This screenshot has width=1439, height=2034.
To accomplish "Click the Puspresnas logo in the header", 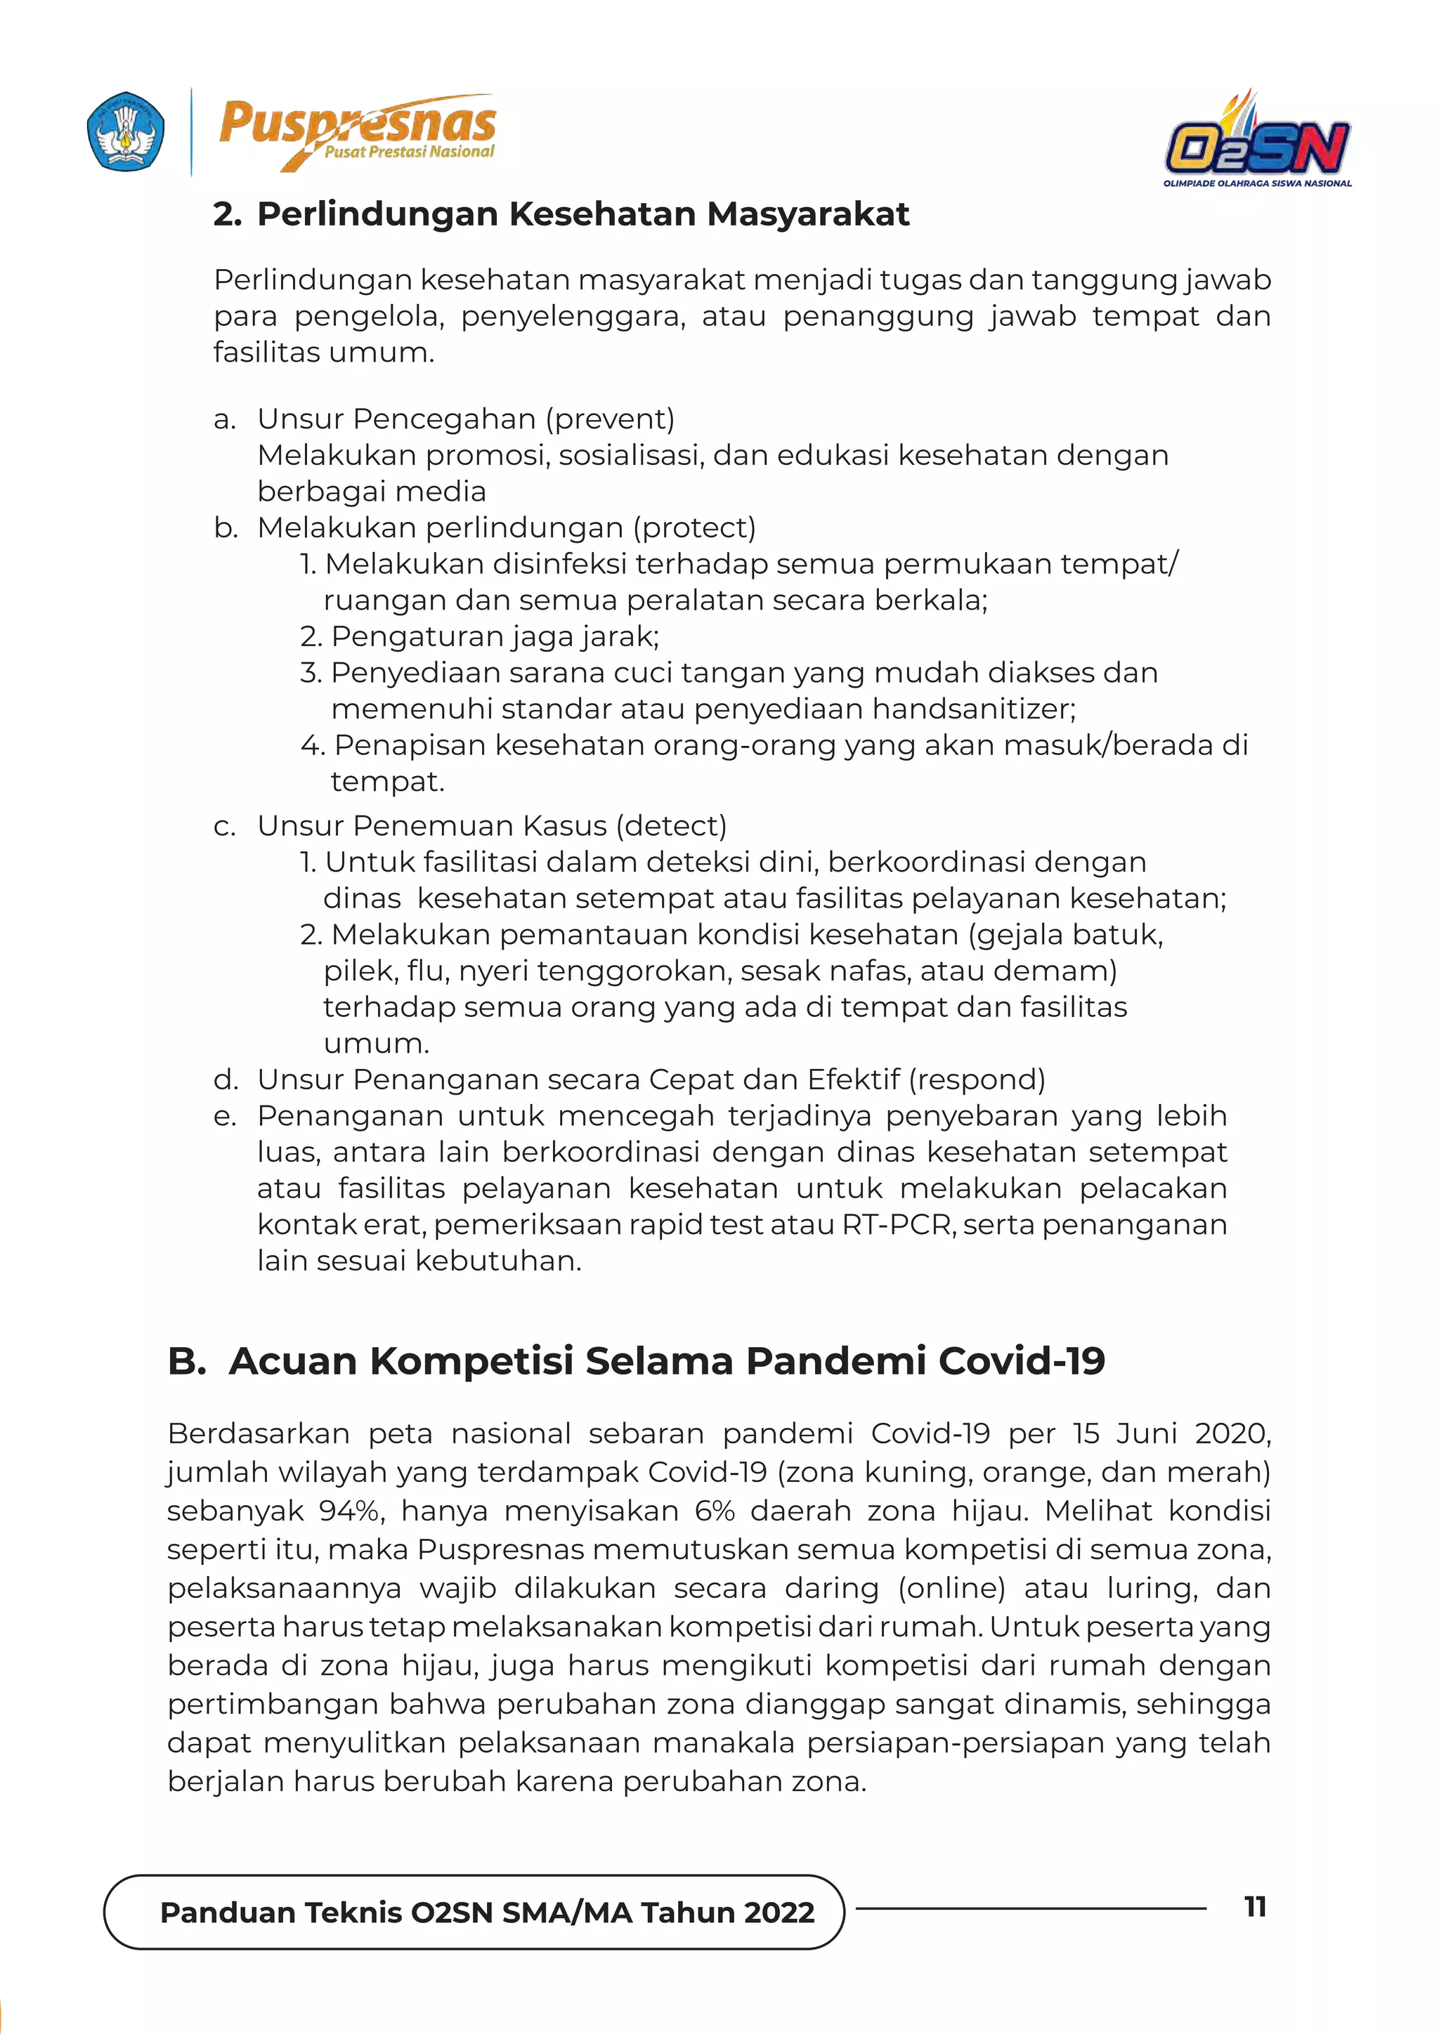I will (357, 133).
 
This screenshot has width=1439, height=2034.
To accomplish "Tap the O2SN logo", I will (1257, 142).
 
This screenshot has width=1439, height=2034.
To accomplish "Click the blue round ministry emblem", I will (126, 132).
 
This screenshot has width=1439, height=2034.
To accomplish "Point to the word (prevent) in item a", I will (610, 419).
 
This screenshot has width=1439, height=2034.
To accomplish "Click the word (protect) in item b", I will (694, 528).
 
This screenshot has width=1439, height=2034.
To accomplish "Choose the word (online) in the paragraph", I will (951, 1589).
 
